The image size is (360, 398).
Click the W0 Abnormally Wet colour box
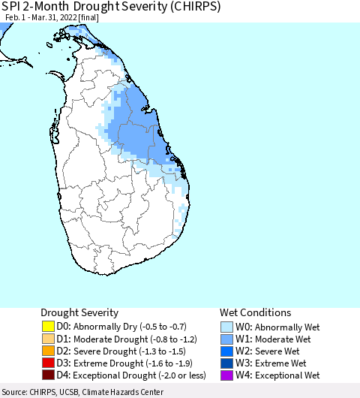(226, 327)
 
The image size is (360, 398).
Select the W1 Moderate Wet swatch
(226, 339)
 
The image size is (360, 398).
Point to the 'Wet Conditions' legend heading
(255, 312)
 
